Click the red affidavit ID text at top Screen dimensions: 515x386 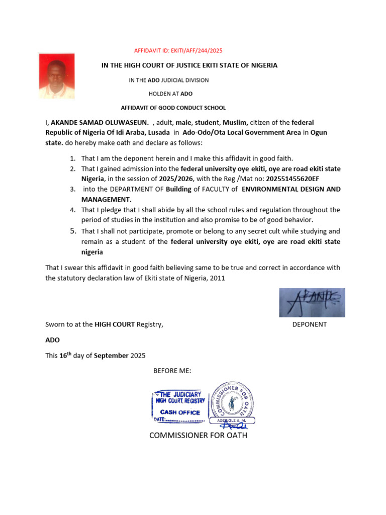pos(178,51)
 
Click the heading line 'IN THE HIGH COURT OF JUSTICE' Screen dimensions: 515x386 pos(186,65)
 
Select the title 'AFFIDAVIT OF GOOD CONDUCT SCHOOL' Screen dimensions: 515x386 pos(173,108)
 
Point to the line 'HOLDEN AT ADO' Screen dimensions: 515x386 pos(170,94)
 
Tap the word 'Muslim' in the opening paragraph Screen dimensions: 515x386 pos(235,122)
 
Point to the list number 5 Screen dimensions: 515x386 pos(73,231)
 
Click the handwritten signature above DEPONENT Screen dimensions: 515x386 pos(312,303)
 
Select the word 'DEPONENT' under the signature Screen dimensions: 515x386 pos(310,324)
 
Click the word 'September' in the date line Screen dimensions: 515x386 pos(111,356)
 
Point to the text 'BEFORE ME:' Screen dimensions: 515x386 pos(172,371)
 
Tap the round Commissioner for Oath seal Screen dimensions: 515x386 pos(232,401)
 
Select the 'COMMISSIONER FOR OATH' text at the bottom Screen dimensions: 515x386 pos(198,435)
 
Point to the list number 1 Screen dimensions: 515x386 pos(73,158)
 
